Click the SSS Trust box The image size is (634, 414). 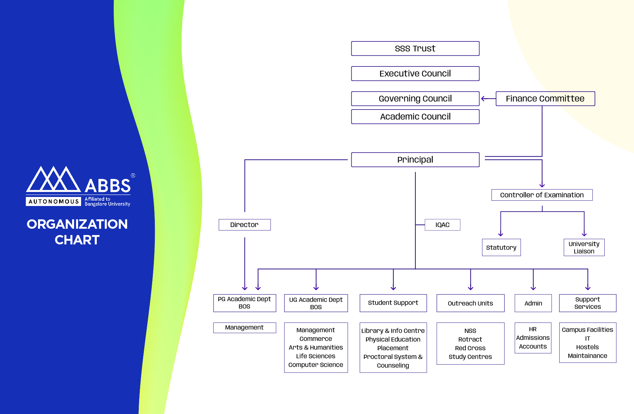(415, 48)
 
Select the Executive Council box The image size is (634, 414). (415, 73)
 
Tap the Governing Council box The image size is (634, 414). (415, 98)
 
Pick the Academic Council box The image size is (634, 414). (415, 117)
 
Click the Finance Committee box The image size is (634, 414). (545, 98)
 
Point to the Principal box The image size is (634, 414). (415, 160)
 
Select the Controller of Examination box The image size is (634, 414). (542, 195)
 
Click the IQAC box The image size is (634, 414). (442, 225)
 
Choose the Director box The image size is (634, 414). (245, 225)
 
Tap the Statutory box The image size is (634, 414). (501, 247)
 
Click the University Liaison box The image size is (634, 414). (584, 247)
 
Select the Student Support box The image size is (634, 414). (393, 303)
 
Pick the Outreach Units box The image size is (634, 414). (470, 303)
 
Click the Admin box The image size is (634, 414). (533, 303)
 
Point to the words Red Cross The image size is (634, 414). (470, 348)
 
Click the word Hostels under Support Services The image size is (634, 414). (587, 347)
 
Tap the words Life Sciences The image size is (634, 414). (316, 356)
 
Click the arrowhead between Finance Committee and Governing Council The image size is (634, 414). (483, 98)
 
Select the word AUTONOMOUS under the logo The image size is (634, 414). (53, 201)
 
